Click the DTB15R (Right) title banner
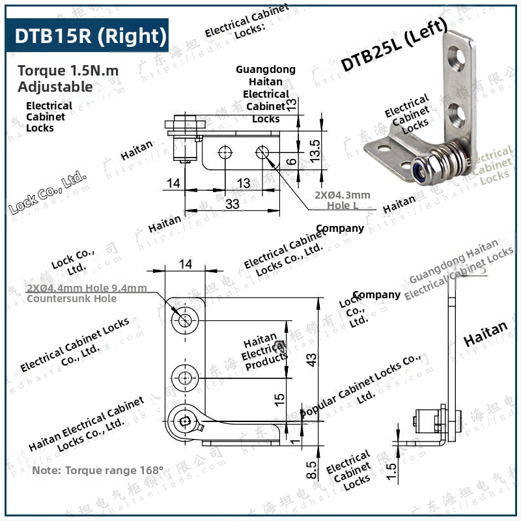[90, 36]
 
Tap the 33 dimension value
[232, 204]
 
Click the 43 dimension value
[313, 359]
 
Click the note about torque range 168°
[98, 470]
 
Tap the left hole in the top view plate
[225, 153]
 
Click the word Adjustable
[55, 86]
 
